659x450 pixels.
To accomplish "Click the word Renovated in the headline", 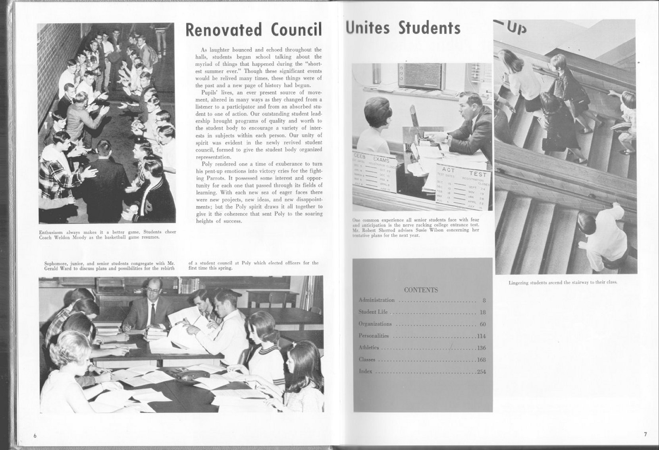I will (224, 30).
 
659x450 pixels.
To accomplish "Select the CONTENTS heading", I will (421, 290).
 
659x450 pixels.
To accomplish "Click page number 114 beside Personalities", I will (481, 336).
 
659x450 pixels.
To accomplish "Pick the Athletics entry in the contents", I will (369, 347).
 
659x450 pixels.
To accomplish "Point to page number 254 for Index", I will (481, 372).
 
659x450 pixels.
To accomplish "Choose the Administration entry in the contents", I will (376, 300).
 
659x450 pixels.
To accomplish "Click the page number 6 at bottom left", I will (35, 436).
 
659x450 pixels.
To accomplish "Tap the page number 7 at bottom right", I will (645, 434).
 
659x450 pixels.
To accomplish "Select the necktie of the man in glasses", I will (153, 314).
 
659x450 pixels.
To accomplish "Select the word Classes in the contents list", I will (367, 359).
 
